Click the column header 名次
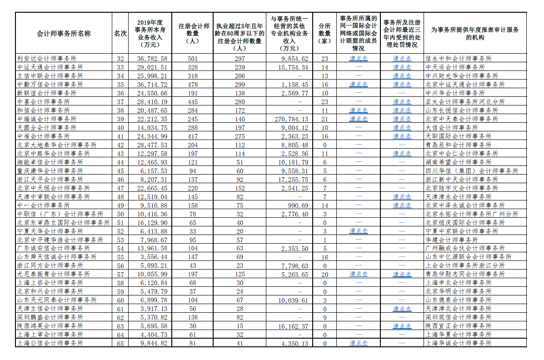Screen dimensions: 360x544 [120, 34]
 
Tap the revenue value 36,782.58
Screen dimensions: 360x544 [152, 59]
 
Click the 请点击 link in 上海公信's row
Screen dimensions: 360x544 [359, 344]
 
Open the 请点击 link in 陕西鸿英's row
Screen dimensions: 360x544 [402, 326]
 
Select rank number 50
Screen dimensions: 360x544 [120, 214]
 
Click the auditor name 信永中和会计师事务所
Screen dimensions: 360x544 [458, 59]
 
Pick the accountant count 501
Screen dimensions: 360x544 [194, 59]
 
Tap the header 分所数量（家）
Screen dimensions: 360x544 [324, 34]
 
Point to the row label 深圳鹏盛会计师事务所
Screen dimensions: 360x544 [50, 318]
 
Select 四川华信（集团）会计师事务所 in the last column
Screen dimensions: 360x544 [471, 171]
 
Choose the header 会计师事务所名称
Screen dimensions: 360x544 [64, 34]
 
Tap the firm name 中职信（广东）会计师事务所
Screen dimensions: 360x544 [60, 214]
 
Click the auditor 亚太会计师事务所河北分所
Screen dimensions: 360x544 [465, 102]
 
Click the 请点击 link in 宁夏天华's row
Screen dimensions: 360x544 [359, 231]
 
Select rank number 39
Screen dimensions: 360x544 [120, 119]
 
